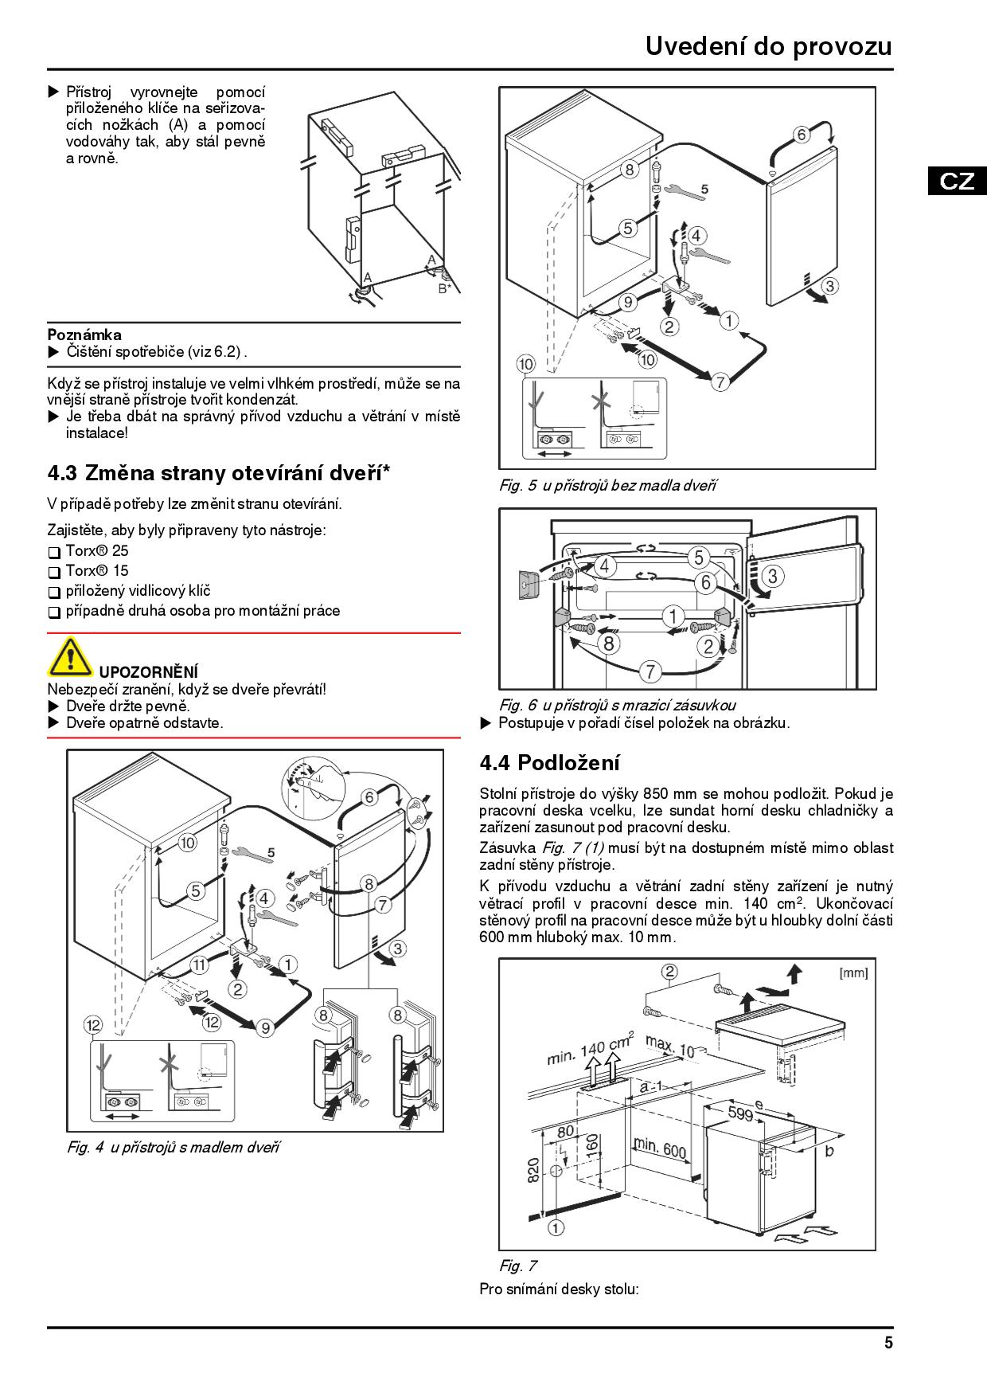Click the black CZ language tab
[957, 181]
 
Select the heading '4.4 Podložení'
[549, 762]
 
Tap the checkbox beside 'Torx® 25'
[54, 552]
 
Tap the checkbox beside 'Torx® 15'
[54, 572]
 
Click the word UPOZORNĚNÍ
[149, 672]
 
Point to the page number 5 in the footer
[888, 1343]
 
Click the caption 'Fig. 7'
[517, 1266]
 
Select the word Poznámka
[84, 335]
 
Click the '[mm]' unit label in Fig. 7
[852, 972]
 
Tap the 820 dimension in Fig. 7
[533, 1169]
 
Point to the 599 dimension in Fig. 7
[740, 1113]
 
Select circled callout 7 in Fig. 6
[650, 671]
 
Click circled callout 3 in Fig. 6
[772, 575]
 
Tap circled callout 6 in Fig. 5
[802, 135]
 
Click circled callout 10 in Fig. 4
[186, 843]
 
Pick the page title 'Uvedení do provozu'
[768, 46]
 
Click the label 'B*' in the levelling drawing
[444, 288]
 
